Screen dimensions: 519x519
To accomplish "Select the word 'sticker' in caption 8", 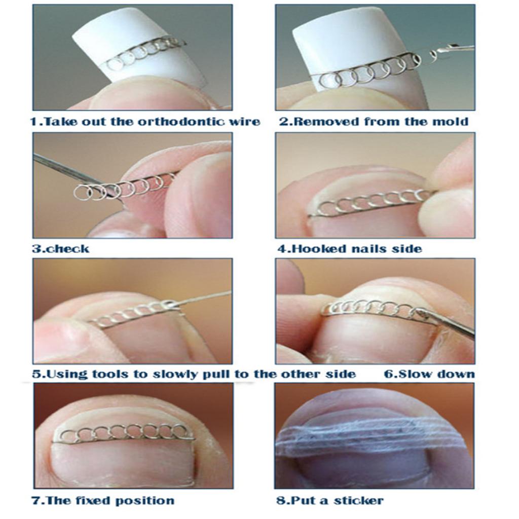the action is (x=359, y=500).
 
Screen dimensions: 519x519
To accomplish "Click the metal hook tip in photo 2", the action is (x=434, y=53).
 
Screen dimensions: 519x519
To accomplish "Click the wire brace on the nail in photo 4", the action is (x=370, y=203).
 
